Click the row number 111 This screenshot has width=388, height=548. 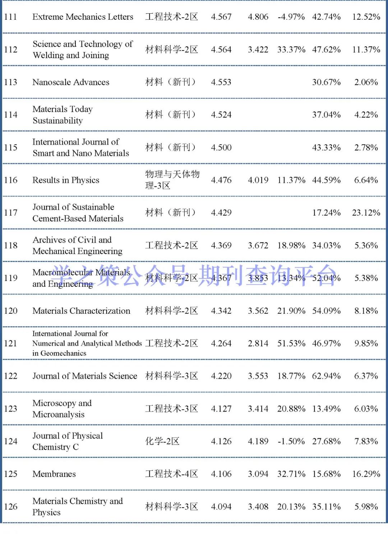click(x=10, y=17)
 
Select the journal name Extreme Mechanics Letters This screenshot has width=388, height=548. click(x=83, y=17)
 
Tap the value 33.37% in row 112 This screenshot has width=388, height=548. click(x=291, y=50)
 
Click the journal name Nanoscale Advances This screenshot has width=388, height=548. click(x=71, y=82)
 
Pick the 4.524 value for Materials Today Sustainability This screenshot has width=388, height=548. click(x=221, y=115)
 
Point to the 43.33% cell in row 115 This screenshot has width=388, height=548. click(x=326, y=147)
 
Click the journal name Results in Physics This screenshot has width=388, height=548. click(x=66, y=180)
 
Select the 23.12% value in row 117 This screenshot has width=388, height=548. click(x=366, y=213)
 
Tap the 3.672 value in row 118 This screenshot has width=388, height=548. click(x=258, y=245)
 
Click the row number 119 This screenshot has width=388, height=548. click(x=10, y=278)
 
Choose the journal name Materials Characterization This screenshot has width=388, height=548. click(x=81, y=311)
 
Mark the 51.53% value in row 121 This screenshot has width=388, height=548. click(x=291, y=343)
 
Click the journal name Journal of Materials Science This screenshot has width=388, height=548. click(x=85, y=376)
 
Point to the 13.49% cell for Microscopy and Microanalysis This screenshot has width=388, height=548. click(x=326, y=409)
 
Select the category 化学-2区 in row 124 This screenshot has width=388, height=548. click(x=162, y=441)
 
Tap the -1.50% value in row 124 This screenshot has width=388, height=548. click(x=291, y=441)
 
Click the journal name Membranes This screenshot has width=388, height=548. click(x=54, y=474)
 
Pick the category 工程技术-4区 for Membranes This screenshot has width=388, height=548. click(x=171, y=474)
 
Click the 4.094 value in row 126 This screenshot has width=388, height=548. click(x=221, y=507)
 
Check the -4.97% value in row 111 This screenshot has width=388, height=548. click(x=291, y=17)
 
